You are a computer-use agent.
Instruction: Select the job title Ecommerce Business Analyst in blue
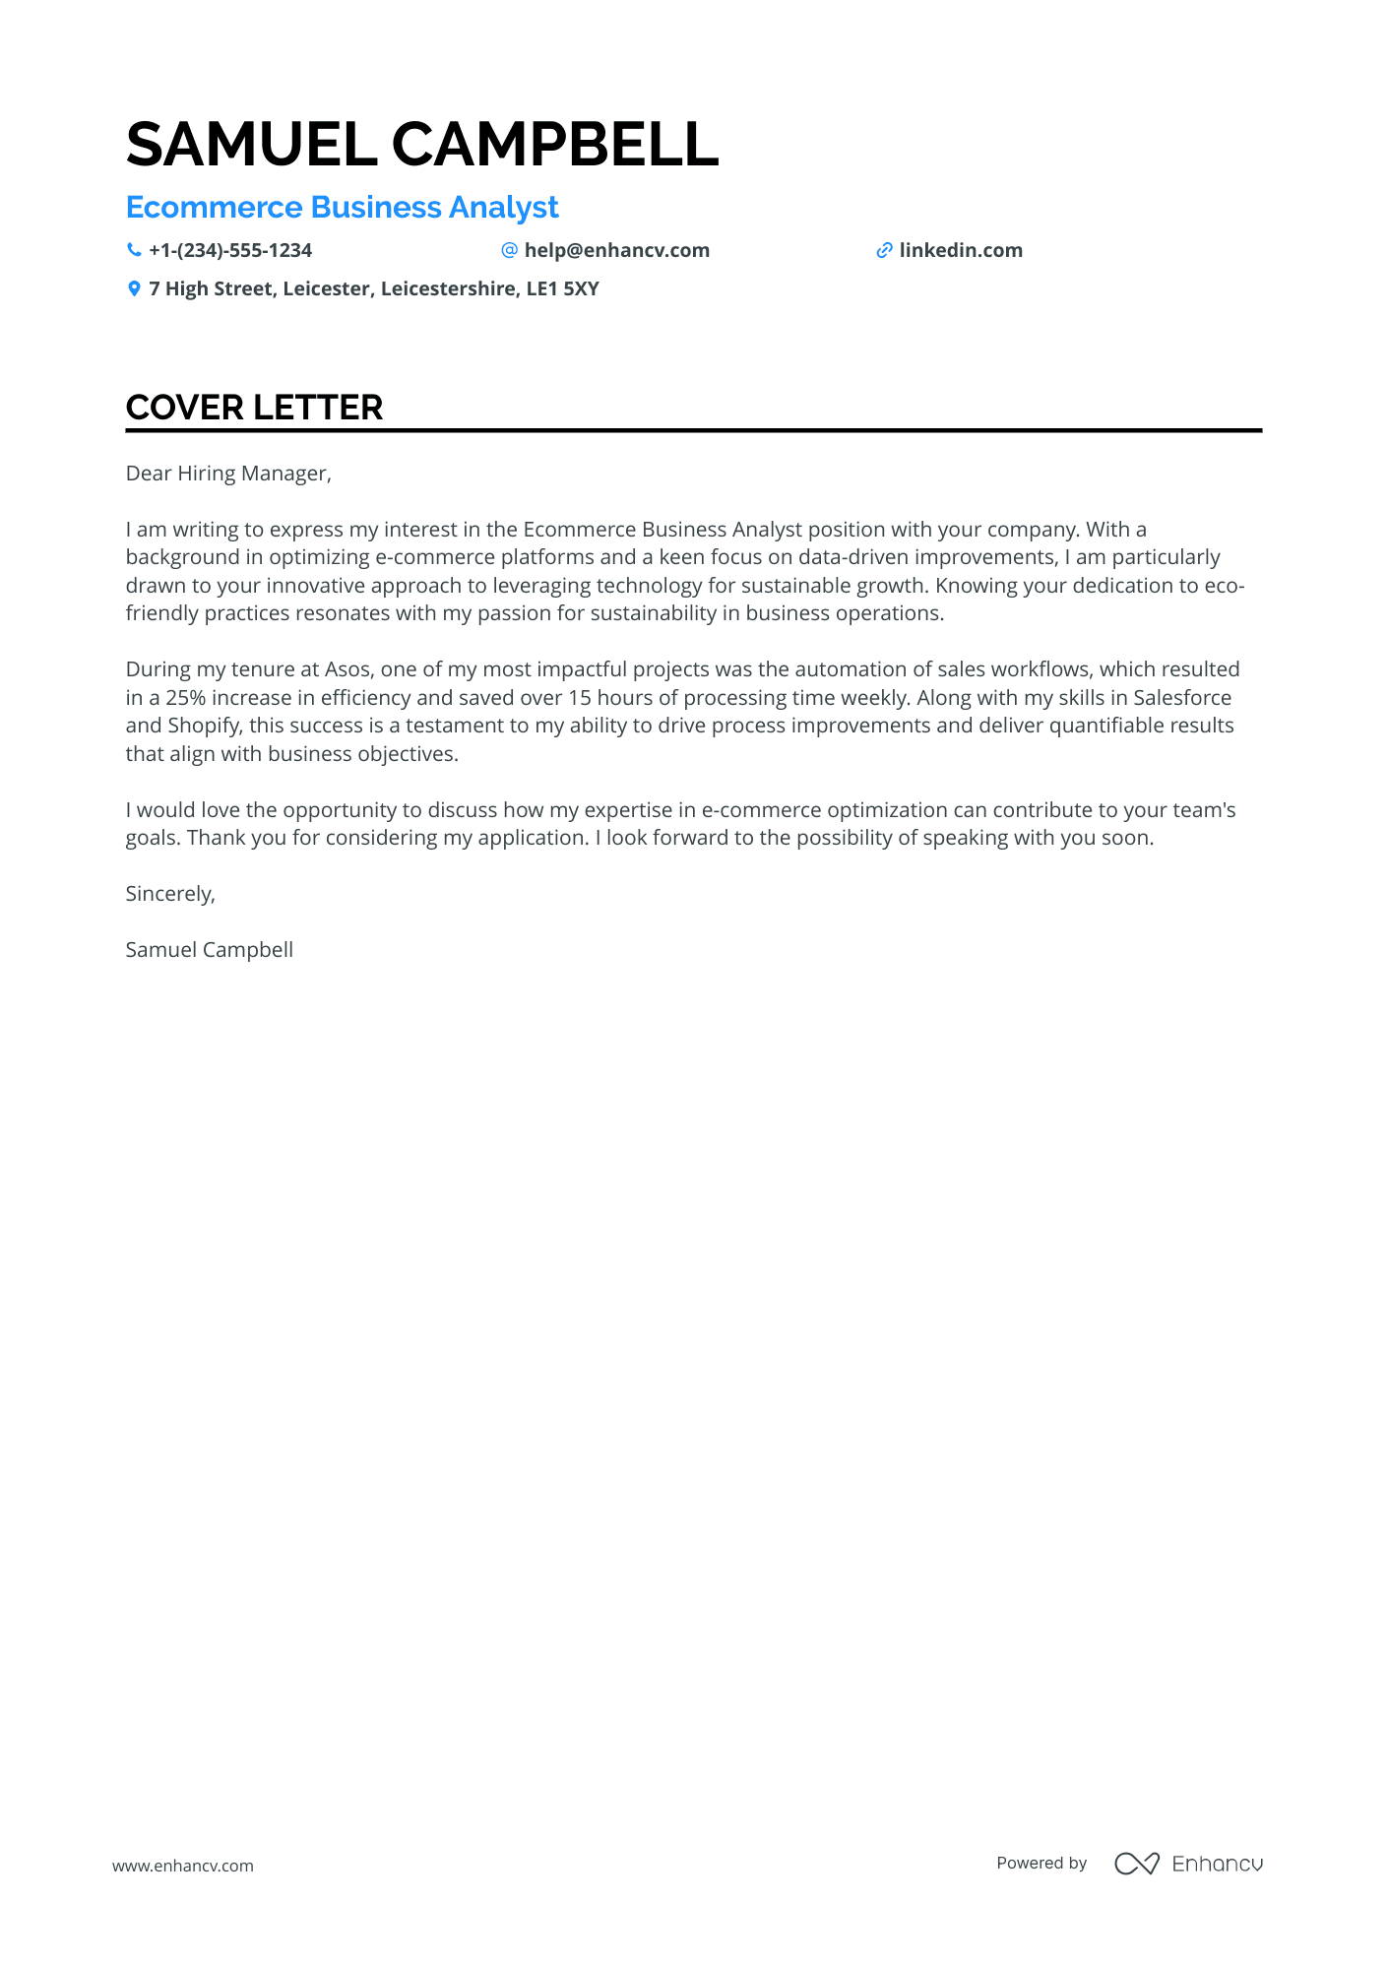pos(342,208)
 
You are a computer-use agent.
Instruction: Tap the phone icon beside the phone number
pos(134,250)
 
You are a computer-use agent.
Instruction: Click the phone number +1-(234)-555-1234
pos(230,250)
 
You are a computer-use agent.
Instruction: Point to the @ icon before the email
pos(509,250)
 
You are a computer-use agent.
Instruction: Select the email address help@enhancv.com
pos(616,250)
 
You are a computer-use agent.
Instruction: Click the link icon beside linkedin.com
pos(884,250)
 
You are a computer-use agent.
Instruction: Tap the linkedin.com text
pos(961,250)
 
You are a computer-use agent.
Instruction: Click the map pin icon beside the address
pos(134,288)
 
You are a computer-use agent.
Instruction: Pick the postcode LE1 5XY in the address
pos(562,288)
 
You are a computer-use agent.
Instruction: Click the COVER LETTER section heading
pos(254,408)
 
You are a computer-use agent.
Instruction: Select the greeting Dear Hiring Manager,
pos(228,474)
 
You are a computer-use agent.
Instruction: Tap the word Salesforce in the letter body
pos(1182,698)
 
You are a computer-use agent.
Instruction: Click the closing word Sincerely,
pos(170,894)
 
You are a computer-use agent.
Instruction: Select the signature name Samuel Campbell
pos(210,950)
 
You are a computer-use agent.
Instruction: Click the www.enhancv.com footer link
pos(183,1866)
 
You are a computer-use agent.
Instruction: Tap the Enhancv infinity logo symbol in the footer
pos(1136,1864)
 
